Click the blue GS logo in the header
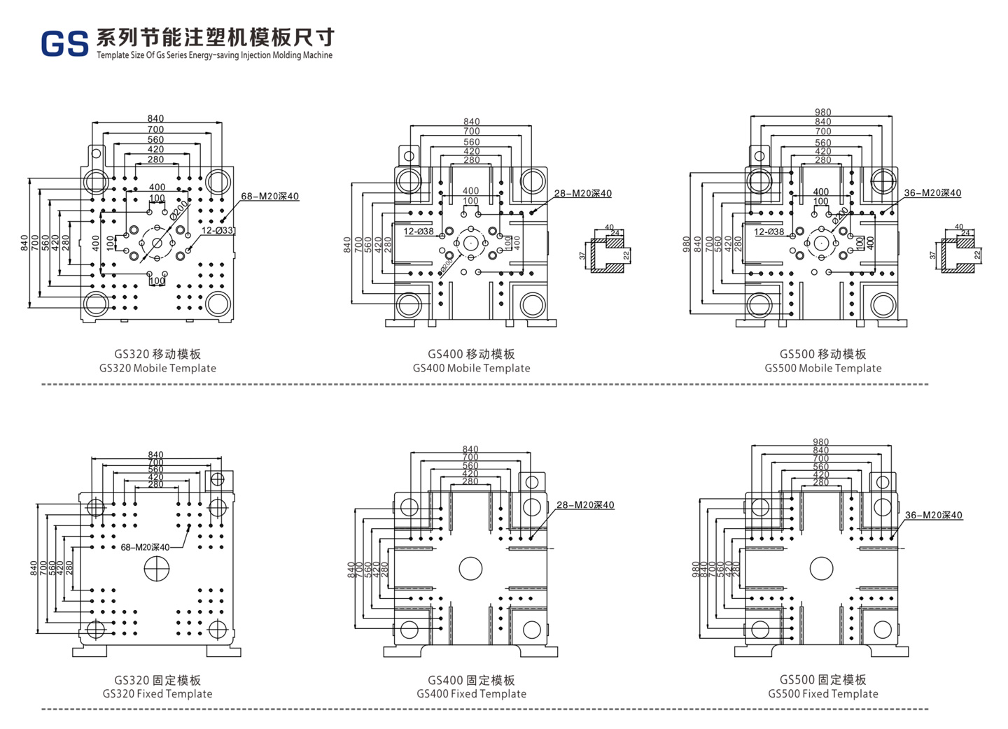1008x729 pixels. (64, 43)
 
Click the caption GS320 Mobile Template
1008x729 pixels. (157, 368)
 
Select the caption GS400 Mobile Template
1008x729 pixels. (471, 368)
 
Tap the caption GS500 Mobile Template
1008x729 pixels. (822, 368)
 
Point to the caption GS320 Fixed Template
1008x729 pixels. (157, 694)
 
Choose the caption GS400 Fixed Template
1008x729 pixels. (471, 694)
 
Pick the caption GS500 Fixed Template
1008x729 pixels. (822, 694)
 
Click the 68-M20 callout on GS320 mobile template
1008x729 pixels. (269, 197)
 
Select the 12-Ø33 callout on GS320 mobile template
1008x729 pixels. (218, 230)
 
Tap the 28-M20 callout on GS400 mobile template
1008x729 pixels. (582, 194)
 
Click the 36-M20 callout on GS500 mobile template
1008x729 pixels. (932, 193)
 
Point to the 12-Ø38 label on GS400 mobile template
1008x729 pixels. (419, 232)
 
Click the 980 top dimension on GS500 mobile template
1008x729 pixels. (822, 112)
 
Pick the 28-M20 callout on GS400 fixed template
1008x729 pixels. (585, 505)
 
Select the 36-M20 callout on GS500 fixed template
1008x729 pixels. (933, 516)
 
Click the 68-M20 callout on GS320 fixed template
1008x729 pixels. (145, 547)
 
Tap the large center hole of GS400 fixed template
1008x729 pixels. (470, 569)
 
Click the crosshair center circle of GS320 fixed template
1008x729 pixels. (156, 569)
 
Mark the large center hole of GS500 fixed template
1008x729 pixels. (821, 569)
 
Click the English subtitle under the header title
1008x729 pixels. (214, 55)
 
